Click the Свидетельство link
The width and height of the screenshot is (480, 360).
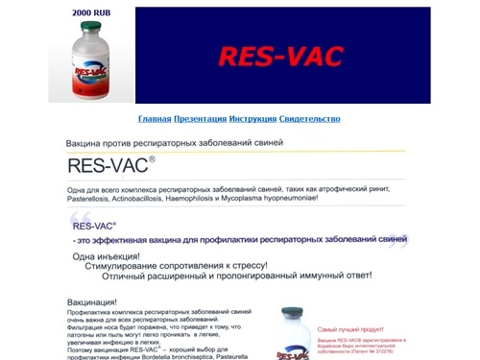coord(309,119)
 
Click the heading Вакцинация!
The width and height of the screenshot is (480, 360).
coord(96,302)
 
